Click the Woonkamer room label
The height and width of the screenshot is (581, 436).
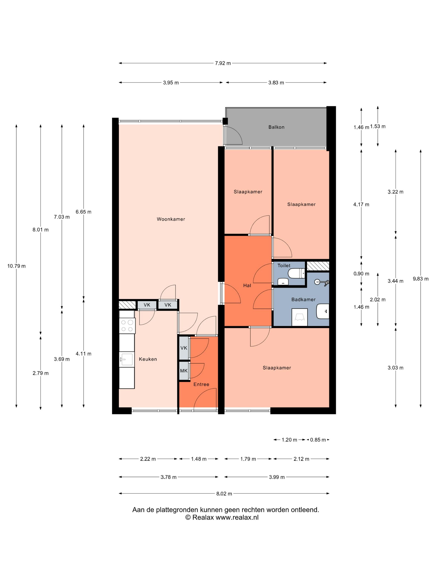click(171, 219)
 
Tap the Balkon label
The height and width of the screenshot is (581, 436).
click(276, 127)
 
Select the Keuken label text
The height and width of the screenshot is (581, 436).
click(148, 359)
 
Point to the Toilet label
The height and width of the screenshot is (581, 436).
click(284, 266)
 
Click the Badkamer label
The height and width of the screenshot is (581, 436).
click(303, 299)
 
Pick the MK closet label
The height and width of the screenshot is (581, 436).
click(184, 371)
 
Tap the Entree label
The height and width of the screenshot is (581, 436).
click(201, 384)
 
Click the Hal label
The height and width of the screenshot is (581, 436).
click(247, 286)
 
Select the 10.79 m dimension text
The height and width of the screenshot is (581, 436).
click(16, 266)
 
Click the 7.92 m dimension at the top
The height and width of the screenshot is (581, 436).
click(223, 63)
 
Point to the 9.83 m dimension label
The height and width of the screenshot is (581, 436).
click(420, 279)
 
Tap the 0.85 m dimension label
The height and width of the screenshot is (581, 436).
click(318, 440)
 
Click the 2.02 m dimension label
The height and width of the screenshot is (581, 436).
click(378, 300)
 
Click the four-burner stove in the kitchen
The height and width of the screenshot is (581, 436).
click(127, 326)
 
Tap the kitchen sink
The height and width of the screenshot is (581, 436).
click(126, 360)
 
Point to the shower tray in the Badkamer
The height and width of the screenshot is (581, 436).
click(300, 317)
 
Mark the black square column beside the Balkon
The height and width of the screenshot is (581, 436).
click(225, 121)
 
